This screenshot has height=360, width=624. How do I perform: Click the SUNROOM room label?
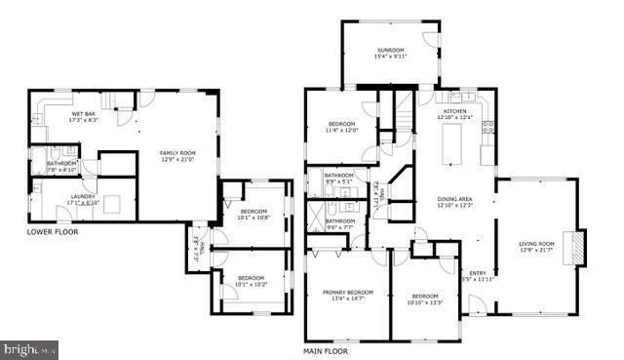391,53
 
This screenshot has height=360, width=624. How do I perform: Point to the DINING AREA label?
454,202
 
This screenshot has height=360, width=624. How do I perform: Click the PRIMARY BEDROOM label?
348,295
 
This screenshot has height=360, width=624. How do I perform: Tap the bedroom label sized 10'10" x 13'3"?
424,299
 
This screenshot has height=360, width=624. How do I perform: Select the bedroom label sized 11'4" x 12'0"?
342,127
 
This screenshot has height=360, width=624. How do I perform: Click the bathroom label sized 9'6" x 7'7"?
339,223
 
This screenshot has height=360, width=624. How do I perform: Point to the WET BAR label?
84,116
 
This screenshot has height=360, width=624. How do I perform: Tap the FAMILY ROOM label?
178,156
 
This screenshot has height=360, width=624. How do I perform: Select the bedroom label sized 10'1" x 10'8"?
253,215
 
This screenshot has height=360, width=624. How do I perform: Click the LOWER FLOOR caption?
53,233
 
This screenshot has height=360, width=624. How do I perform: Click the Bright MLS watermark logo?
30,349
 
